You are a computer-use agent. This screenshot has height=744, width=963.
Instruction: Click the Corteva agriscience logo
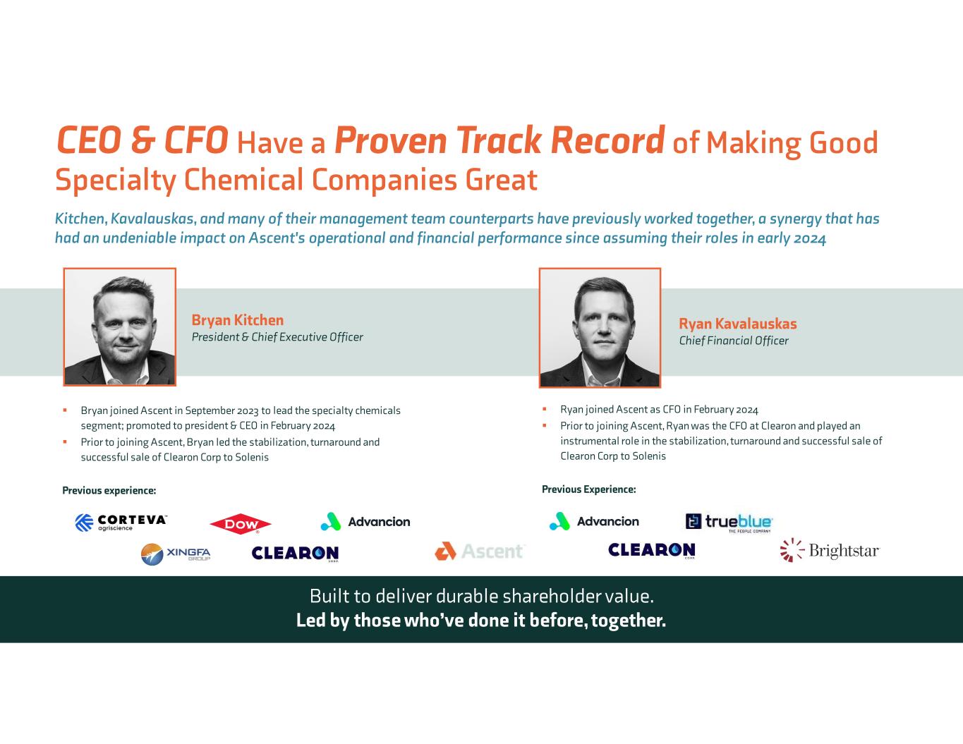point(121,523)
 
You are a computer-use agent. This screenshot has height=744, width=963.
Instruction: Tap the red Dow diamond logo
point(240,524)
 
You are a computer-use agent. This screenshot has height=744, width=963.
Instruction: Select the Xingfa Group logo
point(176,554)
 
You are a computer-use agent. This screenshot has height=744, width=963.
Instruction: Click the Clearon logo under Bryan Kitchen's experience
point(295,553)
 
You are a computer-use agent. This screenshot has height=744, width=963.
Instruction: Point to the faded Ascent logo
point(480,551)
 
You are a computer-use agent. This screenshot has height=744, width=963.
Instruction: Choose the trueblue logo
point(729,523)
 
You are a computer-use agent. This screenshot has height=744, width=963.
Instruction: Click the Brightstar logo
point(830,551)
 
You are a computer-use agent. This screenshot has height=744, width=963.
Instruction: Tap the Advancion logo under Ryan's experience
point(594,521)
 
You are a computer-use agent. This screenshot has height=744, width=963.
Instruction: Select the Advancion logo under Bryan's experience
point(365,522)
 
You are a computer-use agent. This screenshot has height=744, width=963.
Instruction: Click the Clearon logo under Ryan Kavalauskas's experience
point(651,550)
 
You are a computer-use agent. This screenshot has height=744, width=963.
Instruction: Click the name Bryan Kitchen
point(238,319)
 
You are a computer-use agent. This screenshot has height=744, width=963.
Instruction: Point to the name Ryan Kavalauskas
point(738,323)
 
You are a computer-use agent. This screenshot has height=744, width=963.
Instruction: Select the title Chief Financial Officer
point(734,341)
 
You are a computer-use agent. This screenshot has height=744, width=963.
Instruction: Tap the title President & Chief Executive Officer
point(277,337)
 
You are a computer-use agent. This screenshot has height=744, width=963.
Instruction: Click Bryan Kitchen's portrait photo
point(120,327)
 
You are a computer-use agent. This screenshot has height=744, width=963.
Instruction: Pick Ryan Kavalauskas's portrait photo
point(600,328)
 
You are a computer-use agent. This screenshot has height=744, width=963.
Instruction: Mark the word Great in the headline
point(501,180)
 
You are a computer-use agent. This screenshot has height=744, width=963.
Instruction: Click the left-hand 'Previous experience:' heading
point(109,490)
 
